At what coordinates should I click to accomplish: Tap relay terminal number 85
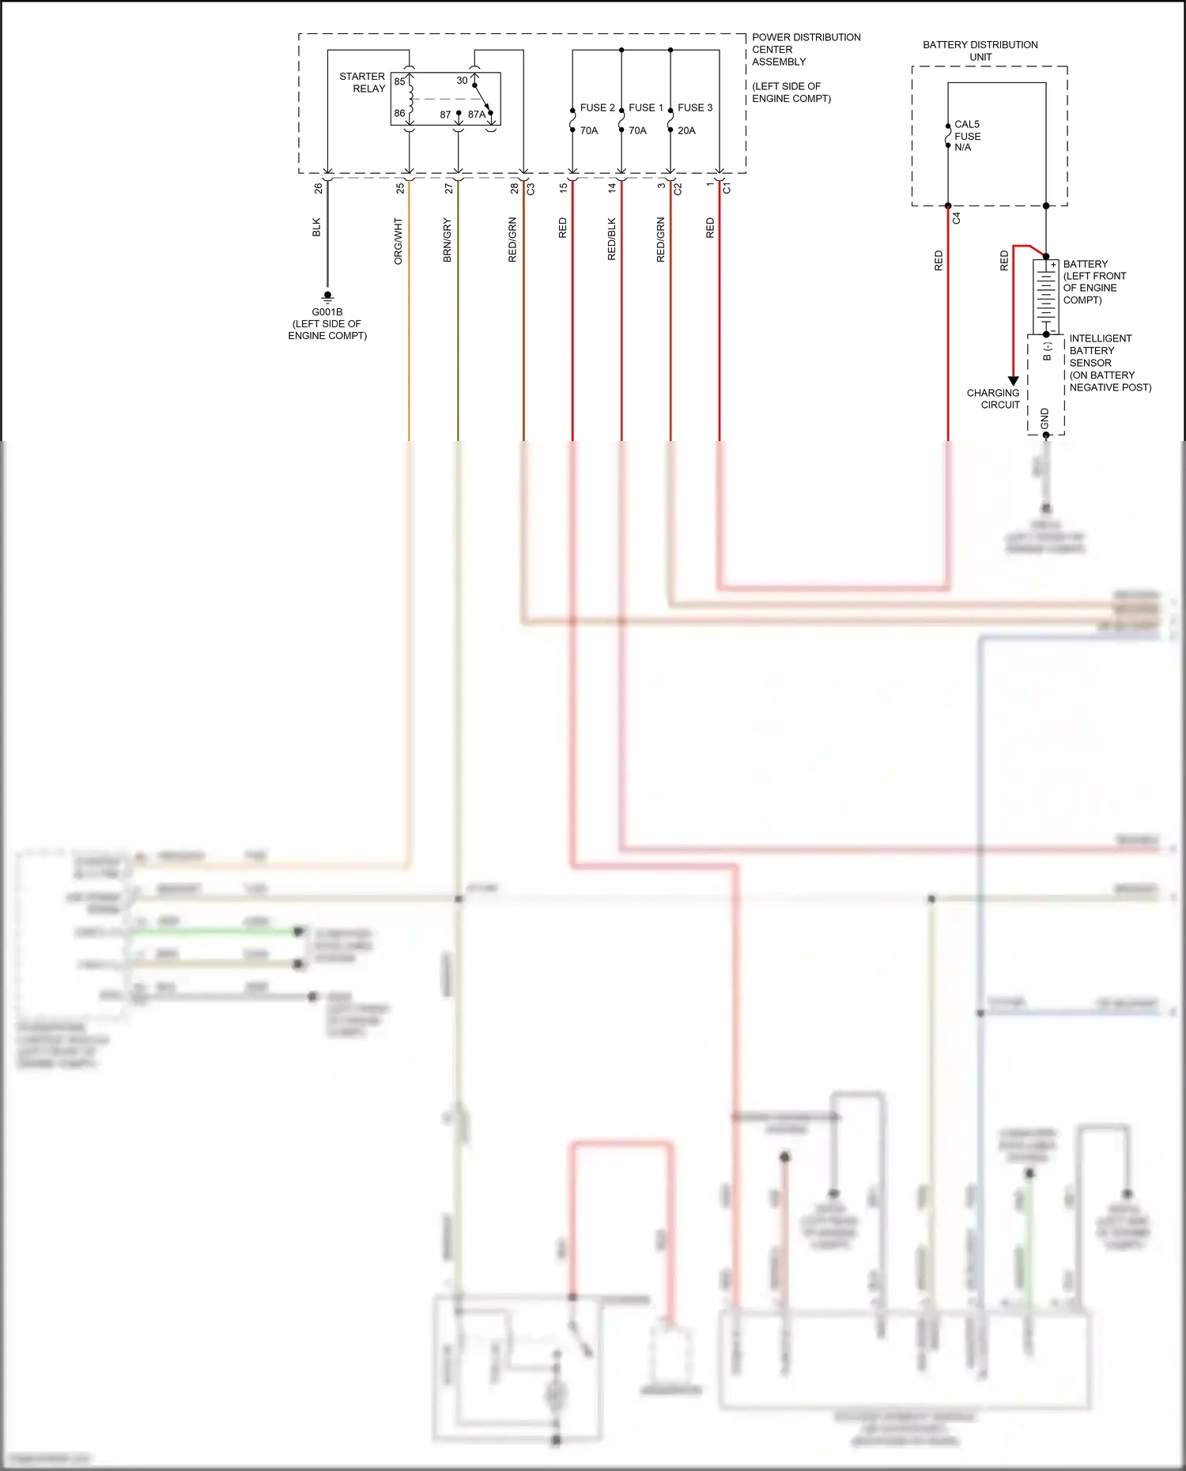tap(399, 81)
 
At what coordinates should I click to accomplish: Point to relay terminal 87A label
tap(476, 115)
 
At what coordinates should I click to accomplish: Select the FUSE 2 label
tap(597, 107)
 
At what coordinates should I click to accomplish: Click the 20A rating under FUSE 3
tap(686, 130)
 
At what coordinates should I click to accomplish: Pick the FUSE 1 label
tap(646, 107)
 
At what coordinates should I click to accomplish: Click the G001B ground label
tap(327, 312)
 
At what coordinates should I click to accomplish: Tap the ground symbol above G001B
tap(327, 297)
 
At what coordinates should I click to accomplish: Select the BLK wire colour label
tap(316, 228)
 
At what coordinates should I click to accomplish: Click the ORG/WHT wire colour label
tap(398, 241)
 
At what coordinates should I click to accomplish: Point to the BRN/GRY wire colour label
tap(448, 240)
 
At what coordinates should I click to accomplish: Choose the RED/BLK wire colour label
tap(611, 240)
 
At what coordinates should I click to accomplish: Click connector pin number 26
tap(319, 189)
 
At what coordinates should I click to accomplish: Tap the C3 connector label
tap(531, 189)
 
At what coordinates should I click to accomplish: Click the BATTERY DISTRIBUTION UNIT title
tap(980, 51)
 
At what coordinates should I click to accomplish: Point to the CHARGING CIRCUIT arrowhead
tap(1013, 381)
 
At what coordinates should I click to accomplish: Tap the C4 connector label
tap(957, 218)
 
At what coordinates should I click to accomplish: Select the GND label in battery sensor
tap(1045, 419)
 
